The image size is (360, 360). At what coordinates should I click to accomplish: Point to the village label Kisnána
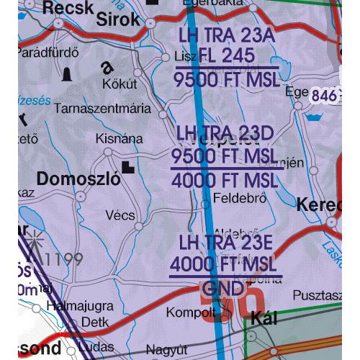click(113, 139)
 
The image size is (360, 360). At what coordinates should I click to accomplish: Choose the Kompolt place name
click(191, 312)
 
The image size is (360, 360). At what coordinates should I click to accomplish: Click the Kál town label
click(266, 318)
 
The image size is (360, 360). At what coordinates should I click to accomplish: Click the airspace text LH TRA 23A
click(223, 35)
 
